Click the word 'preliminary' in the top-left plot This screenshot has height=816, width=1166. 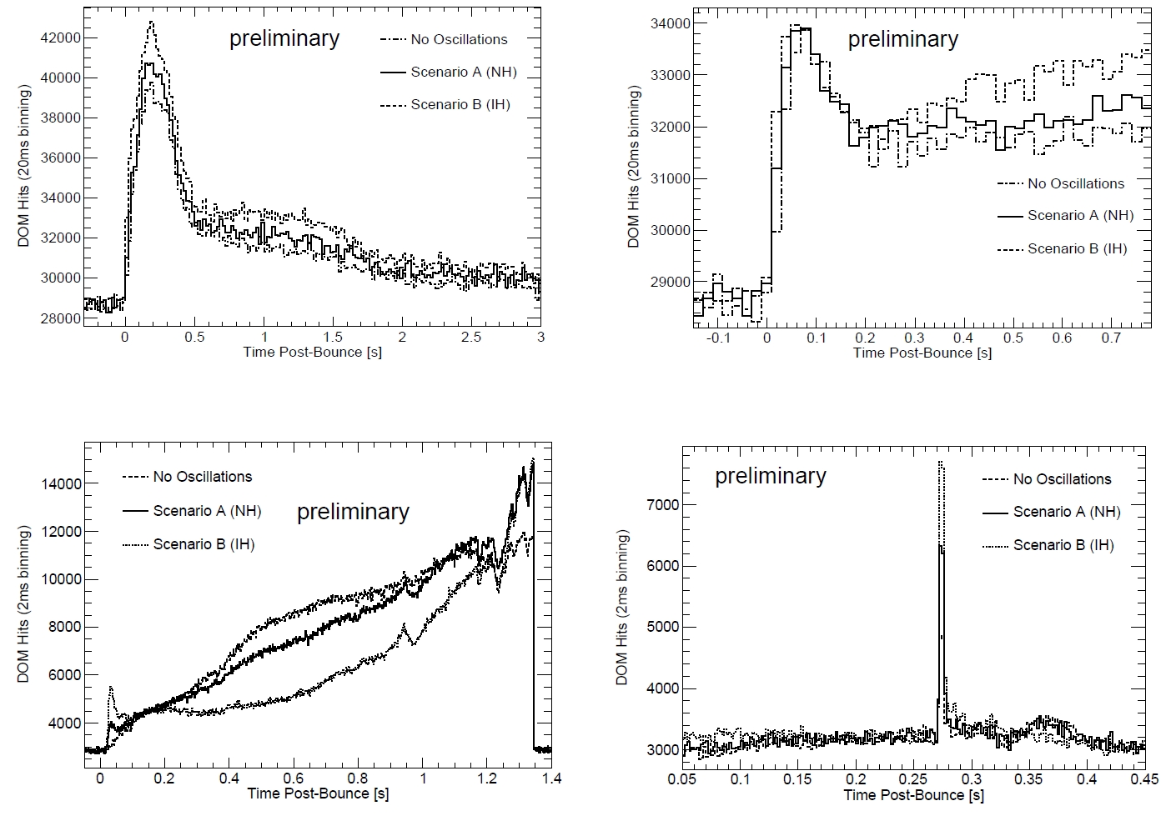[x=284, y=38]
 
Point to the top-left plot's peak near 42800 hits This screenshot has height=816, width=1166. [x=151, y=23]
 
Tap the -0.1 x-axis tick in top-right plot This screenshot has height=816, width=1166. [x=718, y=338]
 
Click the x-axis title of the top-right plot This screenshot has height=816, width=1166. [x=922, y=353]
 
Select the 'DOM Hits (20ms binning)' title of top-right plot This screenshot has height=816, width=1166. [x=634, y=167]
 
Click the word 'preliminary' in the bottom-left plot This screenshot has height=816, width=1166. [x=353, y=511]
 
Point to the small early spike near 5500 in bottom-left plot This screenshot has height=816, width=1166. [x=111, y=688]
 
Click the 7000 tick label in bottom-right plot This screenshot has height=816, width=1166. [x=663, y=504]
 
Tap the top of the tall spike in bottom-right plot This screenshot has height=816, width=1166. [x=941, y=463]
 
